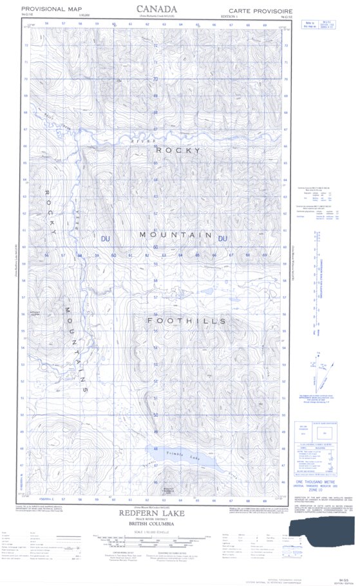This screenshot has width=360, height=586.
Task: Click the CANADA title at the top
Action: (158, 8)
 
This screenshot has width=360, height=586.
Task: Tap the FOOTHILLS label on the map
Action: (187, 320)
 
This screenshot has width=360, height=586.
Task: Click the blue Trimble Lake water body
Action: (184, 457)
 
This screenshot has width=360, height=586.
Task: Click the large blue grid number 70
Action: (155, 79)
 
